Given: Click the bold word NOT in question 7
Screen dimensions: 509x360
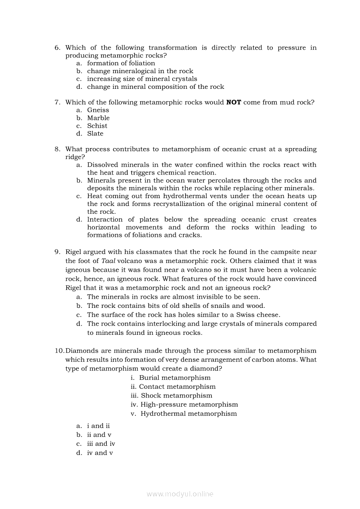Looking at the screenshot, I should point(234,102).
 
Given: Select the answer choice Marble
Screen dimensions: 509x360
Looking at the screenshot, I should point(98,118).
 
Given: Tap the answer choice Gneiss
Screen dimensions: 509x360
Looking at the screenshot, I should point(98,110).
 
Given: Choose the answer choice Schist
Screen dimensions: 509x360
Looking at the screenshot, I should point(97,126).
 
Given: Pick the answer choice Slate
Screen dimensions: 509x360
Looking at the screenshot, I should point(95,134).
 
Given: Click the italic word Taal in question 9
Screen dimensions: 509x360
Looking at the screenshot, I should point(108,261).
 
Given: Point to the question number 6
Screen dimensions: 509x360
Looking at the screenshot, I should point(57,48).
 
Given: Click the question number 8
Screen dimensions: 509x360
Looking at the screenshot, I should point(57,149).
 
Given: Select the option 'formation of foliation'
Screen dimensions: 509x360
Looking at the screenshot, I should point(121,63).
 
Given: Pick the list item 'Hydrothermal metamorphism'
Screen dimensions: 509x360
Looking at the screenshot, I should point(189,414).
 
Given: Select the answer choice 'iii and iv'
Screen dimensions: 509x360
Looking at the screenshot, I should point(101,444).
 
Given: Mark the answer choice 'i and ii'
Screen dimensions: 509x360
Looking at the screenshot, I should point(98,426).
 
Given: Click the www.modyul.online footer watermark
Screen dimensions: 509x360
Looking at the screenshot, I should point(180,494).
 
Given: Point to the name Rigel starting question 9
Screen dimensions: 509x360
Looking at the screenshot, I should point(74,252).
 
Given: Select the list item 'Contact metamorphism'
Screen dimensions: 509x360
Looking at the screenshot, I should point(177,387).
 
